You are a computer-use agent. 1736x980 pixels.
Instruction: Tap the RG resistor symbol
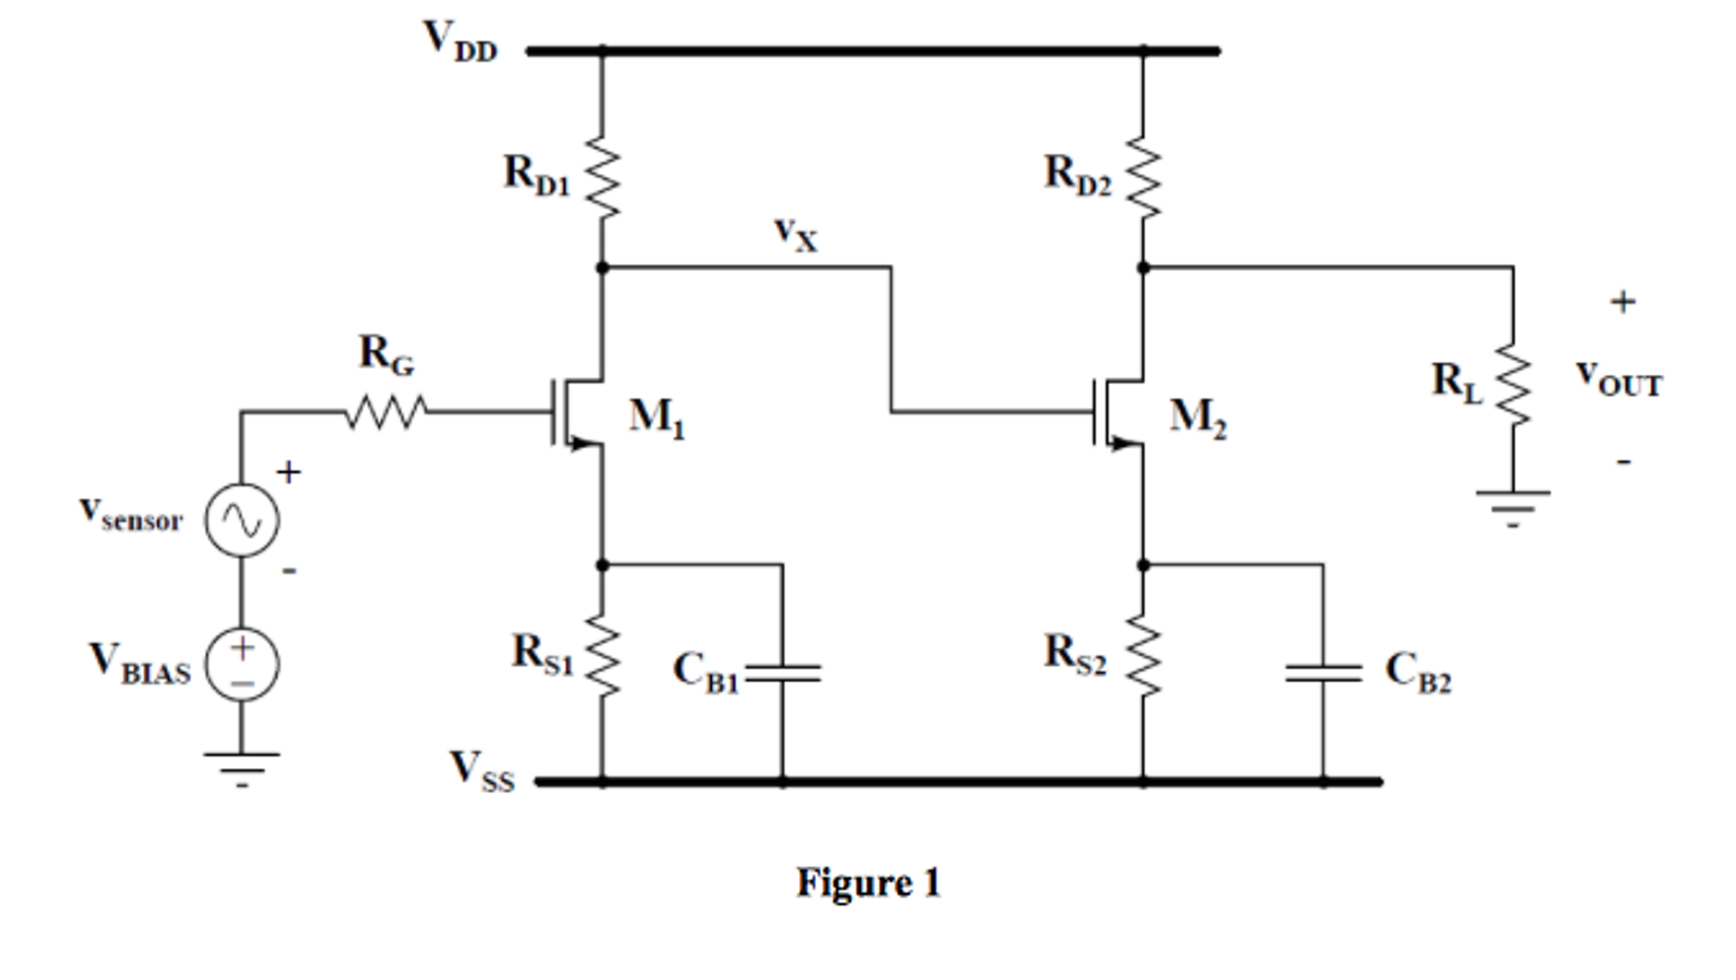point(386,412)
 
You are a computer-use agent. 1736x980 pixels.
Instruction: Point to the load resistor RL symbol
point(1513,384)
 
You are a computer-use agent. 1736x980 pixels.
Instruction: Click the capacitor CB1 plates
point(782,674)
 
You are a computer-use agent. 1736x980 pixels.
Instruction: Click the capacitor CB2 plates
point(1323,674)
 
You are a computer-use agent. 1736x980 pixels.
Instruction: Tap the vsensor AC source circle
point(242,520)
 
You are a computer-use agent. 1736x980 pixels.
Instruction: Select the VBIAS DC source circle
point(242,664)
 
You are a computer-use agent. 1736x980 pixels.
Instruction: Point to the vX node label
point(795,234)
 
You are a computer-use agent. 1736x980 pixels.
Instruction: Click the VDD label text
point(459,41)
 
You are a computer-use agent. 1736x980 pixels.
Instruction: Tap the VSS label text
point(481,770)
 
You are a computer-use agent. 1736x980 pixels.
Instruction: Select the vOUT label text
point(1618,378)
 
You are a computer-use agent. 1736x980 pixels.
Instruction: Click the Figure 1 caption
point(868,882)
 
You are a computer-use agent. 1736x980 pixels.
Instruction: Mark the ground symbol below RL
point(1513,507)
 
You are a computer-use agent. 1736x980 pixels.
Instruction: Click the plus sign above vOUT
point(1622,302)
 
